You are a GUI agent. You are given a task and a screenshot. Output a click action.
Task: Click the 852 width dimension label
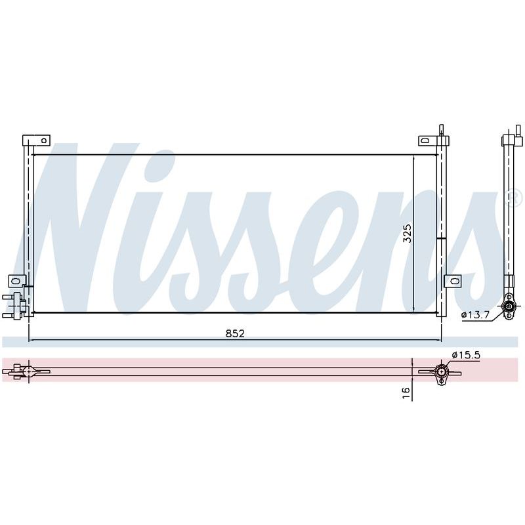click(235, 333)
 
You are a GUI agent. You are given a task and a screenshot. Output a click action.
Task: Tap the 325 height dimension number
click(407, 234)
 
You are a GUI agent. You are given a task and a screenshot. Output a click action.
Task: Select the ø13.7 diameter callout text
click(475, 315)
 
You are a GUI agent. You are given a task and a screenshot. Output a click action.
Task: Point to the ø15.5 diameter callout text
click(466, 354)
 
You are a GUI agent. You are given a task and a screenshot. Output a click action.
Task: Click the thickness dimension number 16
click(406, 392)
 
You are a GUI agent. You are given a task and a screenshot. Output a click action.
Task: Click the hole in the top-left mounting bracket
click(43, 140)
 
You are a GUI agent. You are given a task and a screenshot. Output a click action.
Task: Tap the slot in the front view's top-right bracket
click(425, 140)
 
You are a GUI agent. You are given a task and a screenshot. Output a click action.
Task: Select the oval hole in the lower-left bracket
click(14, 281)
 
